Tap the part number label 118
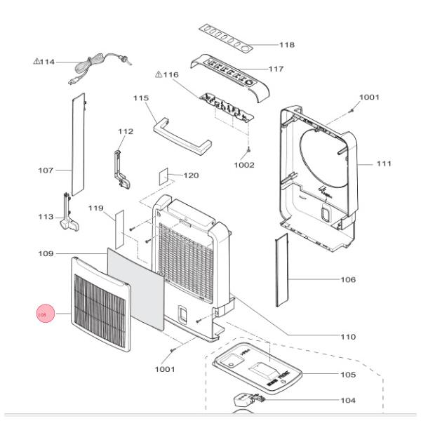coord(286,45)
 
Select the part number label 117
coord(276,69)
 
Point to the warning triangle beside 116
coord(158,74)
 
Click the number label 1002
coord(245,165)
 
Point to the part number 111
coord(383,163)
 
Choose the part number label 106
coord(347,280)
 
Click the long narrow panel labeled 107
coord(77,144)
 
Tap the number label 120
coord(191,175)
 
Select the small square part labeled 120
coord(166,175)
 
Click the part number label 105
coord(347,375)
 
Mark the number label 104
coord(347,400)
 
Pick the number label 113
coord(46,218)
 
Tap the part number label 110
coord(347,337)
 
